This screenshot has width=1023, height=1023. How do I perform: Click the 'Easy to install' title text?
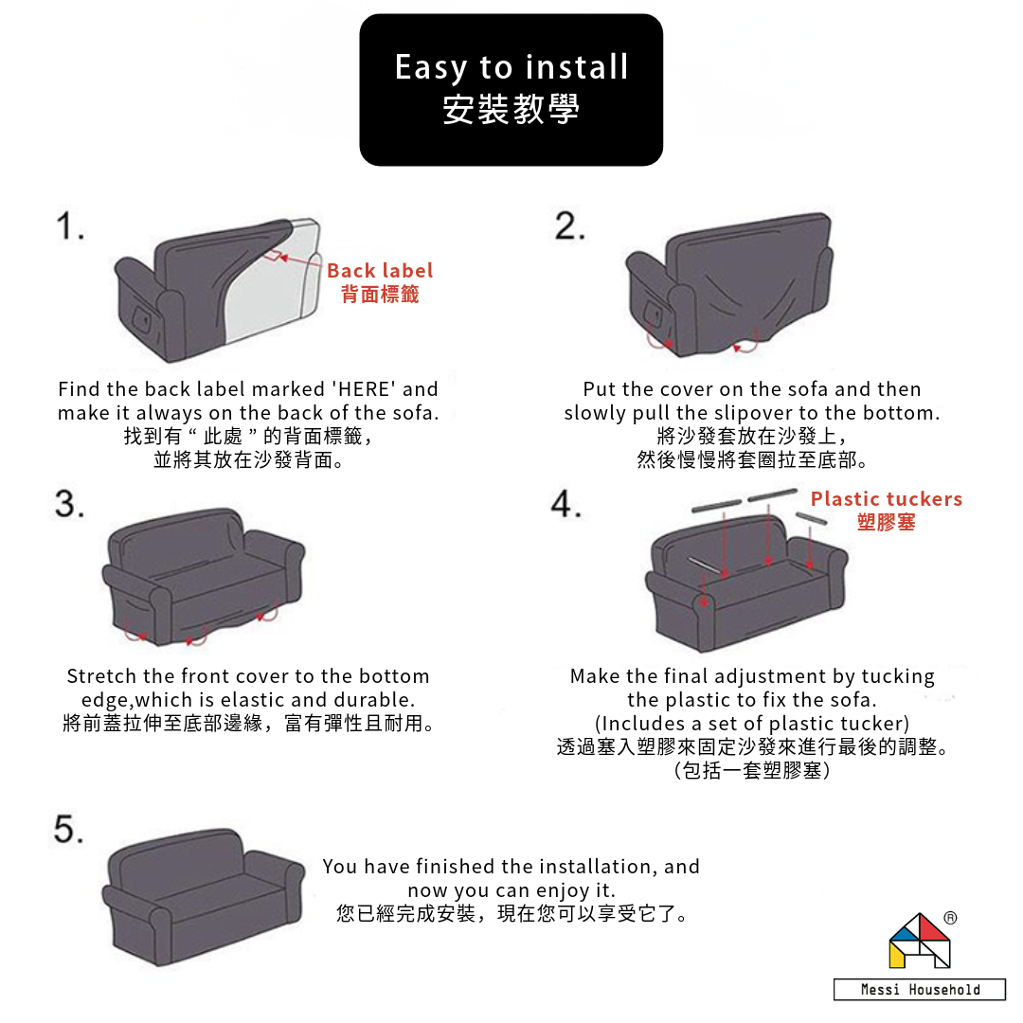tap(511, 67)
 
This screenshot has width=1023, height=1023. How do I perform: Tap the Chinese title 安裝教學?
tap(511, 110)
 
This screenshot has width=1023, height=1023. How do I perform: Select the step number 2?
tap(569, 227)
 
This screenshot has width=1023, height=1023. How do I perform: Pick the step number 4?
tap(566, 504)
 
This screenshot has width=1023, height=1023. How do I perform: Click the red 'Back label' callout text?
tap(379, 271)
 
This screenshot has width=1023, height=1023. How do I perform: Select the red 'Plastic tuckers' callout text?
tap(886, 499)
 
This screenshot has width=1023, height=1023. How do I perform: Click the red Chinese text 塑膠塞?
tap(886, 523)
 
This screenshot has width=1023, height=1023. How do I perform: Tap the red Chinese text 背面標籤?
tap(379, 295)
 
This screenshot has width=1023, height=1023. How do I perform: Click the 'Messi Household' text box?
tap(920, 990)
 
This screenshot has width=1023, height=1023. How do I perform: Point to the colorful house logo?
tap(919, 941)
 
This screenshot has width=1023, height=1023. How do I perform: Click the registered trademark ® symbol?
tap(950, 918)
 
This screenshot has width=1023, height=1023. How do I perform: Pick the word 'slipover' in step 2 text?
tap(750, 413)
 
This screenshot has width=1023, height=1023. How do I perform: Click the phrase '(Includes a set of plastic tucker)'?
tap(752, 725)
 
